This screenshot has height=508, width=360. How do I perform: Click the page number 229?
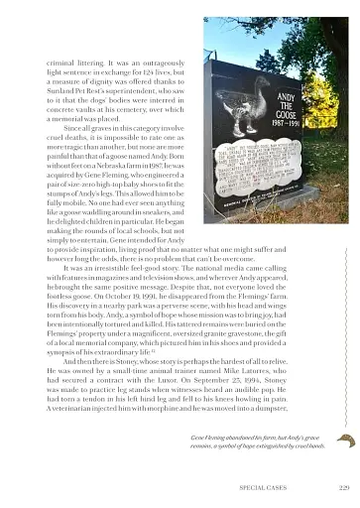pos(344,487)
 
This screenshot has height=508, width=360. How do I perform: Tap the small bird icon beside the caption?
pos(345,440)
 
